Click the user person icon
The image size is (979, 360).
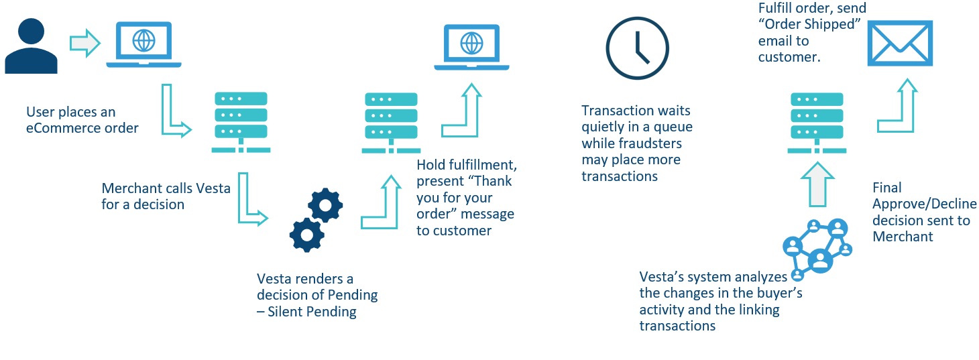click(x=31, y=46)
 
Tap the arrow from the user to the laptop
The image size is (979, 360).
click(x=85, y=44)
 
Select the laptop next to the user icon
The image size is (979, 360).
click(x=143, y=44)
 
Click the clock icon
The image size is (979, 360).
click(x=637, y=48)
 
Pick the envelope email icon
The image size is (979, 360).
click(x=900, y=44)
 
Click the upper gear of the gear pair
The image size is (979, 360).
click(x=325, y=205)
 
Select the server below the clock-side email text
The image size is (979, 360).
click(x=817, y=123)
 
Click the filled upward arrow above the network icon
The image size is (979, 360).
click(x=817, y=184)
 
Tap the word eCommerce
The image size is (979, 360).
click(x=56, y=128)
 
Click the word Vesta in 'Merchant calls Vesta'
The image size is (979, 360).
click(x=213, y=188)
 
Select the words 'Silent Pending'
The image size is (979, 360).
click(x=312, y=312)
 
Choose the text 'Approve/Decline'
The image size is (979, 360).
click(x=925, y=204)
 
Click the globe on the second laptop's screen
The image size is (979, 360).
click(x=471, y=44)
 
